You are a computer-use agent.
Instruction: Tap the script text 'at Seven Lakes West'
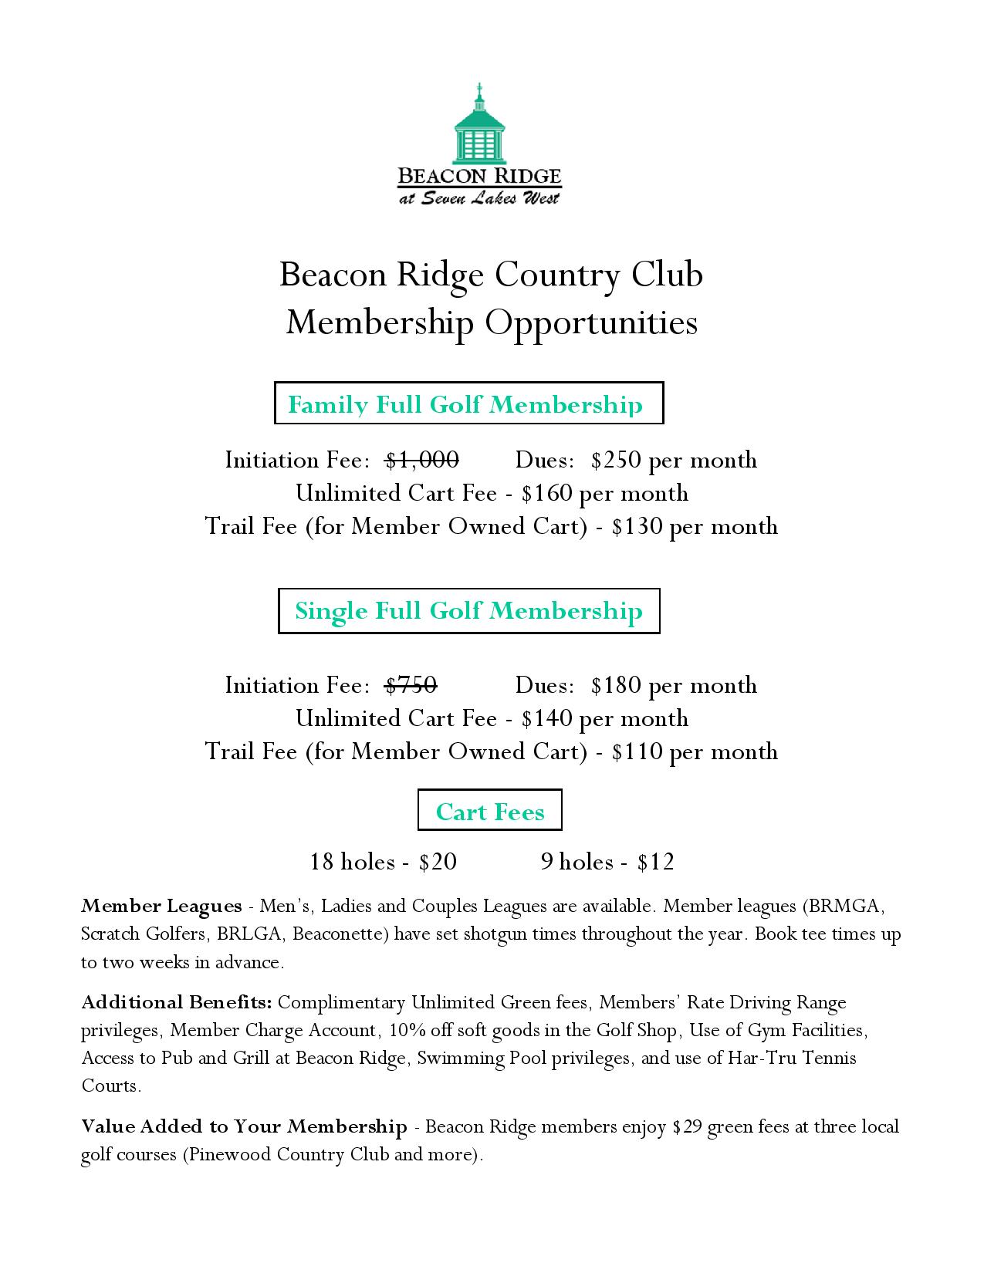(479, 198)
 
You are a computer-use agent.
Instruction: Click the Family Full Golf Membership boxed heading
(468, 404)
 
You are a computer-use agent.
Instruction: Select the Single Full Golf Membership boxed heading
(468, 610)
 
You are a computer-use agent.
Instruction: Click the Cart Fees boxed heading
(490, 811)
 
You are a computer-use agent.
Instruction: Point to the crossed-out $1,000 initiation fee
(422, 460)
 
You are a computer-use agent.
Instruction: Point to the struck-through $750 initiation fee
(411, 685)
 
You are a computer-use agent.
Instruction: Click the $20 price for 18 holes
(438, 862)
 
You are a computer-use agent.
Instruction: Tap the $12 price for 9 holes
(656, 862)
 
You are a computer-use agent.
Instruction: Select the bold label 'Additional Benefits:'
(177, 1002)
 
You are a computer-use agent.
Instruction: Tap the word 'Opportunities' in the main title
(591, 322)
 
